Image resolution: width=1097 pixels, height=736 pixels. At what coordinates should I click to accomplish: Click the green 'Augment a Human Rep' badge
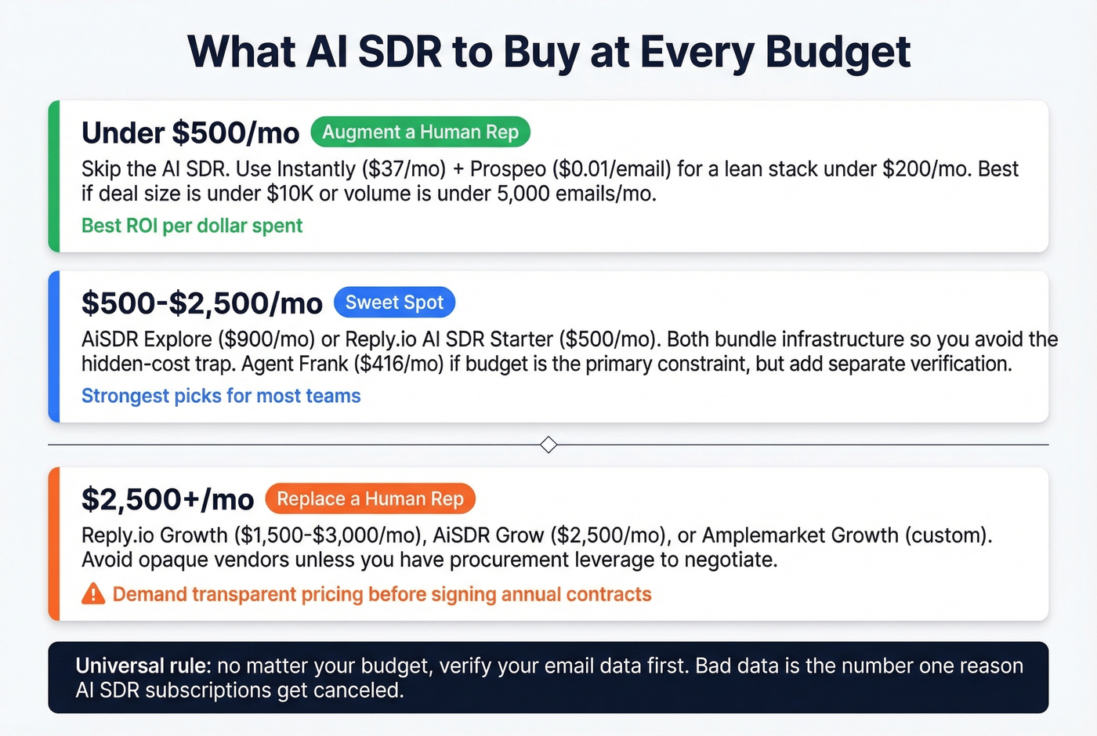click(420, 132)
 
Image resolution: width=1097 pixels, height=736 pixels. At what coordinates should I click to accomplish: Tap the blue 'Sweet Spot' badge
click(394, 303)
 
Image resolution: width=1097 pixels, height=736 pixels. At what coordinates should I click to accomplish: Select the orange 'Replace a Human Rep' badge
click(370, 499)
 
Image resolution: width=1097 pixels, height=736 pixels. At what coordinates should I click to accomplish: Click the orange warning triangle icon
click(93, 593)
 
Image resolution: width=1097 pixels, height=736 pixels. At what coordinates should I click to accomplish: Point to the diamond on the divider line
click(548, 445)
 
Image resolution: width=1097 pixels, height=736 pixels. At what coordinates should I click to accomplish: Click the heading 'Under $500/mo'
click(190, 133)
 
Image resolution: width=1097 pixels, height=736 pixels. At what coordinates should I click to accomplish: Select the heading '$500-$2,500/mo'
click(202, 303)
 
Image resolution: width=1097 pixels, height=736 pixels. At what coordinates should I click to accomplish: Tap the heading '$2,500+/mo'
click(168, 499)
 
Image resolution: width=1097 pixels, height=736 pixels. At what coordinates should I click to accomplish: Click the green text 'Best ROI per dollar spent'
click(192, 226)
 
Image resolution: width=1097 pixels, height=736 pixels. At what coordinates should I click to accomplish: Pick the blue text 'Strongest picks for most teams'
click(221, 396)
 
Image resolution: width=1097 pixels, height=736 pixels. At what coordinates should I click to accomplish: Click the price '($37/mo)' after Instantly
click(404, 169)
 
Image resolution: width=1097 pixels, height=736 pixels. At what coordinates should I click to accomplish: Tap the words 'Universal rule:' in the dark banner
click(143, 666)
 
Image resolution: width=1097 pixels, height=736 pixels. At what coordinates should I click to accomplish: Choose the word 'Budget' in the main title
click(838, 52)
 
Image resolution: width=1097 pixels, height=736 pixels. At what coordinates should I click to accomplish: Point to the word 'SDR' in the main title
click(400, 52)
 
